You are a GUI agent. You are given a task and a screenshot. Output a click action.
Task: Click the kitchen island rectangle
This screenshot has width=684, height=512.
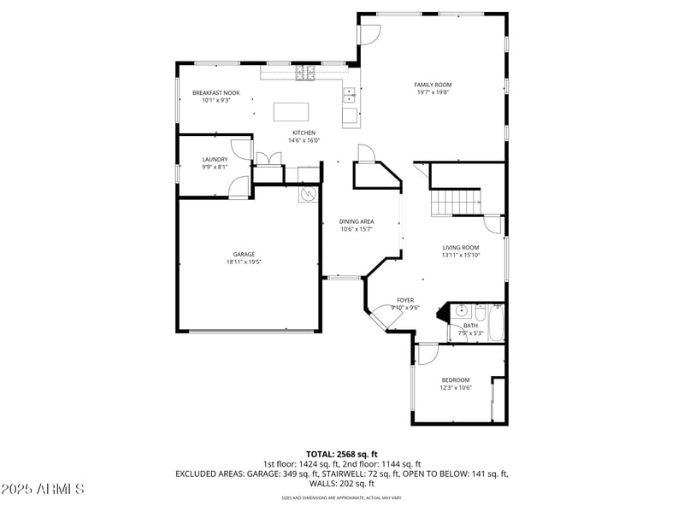pos(290,112)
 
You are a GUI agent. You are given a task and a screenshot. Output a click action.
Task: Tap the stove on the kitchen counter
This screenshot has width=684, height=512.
pos(305,74)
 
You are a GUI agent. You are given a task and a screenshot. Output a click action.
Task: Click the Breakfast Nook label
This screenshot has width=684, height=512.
pos(215,92)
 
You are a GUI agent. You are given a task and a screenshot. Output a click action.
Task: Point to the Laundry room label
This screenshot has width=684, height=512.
pos(215,159)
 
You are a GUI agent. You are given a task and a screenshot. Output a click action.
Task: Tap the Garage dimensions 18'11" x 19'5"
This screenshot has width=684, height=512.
pos(244,262)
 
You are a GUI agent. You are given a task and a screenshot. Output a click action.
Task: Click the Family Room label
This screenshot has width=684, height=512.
pos(433,85)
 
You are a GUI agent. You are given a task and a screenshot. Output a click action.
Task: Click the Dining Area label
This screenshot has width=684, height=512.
pos(357,221)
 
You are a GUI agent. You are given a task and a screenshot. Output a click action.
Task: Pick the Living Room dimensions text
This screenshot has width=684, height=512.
pos(460,255)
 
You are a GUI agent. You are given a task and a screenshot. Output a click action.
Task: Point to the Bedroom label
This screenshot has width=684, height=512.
pos(455,380)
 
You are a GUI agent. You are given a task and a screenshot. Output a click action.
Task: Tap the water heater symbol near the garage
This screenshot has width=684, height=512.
pos(307,195)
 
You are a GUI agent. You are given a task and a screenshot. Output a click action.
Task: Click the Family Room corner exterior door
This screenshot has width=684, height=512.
pos(369,34)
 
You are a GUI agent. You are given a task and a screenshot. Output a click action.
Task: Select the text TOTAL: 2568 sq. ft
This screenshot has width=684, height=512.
pos(341,454)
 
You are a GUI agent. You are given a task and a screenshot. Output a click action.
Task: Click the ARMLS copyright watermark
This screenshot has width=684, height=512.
pos(43,489)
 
